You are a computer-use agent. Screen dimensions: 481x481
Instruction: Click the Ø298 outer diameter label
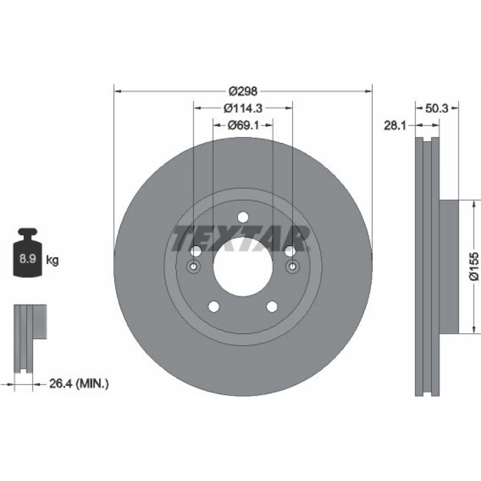[243, 91]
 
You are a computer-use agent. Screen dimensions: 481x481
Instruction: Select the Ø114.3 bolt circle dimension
[243, 108]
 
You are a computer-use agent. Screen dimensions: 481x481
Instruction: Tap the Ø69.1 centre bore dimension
[243, 125]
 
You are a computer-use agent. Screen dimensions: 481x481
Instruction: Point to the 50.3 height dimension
[437, 108]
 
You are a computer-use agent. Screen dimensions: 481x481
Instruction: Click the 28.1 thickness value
[395, 125]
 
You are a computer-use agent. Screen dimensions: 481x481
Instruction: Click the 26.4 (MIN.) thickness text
[79, 383]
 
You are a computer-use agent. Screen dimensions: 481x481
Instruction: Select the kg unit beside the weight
[52, 260]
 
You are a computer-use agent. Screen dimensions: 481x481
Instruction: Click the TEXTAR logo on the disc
[241, 239]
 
